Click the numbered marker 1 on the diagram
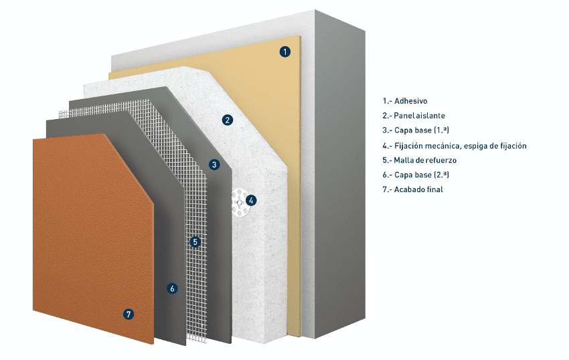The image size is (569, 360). pos(285,52)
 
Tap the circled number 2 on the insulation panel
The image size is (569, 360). pos(228,120)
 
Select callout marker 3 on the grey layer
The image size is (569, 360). pos(214,165)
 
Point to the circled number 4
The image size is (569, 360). pos(251,200)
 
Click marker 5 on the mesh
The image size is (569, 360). pos(195,242)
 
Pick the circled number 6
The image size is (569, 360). pos(172,288)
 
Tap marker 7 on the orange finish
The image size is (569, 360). pos(128,314)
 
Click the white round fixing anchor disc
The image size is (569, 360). pos(239,203)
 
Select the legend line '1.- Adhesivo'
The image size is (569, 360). pos(404,101)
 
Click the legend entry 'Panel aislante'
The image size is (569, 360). pos(420,115)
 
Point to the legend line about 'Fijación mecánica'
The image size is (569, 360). pos(455,146)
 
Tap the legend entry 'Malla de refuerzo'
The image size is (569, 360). pos(425,160)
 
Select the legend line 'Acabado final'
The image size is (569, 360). pos(418,189)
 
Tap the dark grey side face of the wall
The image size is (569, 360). pos(339,174)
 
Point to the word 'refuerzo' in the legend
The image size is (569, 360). pos(441,160)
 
